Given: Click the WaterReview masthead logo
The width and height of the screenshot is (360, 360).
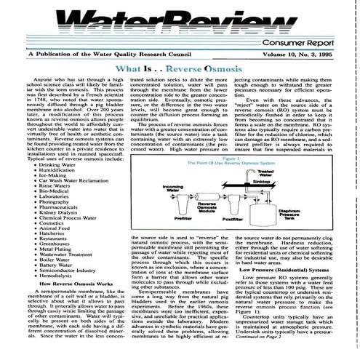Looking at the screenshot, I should pos(182,22).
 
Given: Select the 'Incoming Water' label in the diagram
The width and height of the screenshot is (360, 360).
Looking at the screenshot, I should pos(173,188).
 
